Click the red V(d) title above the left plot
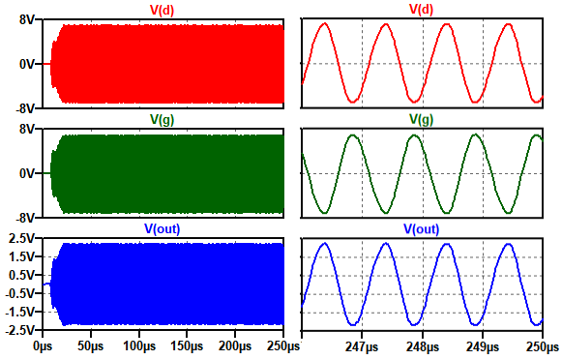click(162, 10)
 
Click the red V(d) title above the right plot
click(421, 10)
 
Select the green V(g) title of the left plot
click(162, 119)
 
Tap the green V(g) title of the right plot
click(421, 119)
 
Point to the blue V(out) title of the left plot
click(162, 229)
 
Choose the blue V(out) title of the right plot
click(422, 229)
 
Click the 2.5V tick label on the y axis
click(21, 238)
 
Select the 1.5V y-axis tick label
click(21, 256)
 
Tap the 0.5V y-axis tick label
click(21, 276)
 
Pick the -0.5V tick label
click(20, 293)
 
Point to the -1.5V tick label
click(20, 312)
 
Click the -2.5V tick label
click(20, 330)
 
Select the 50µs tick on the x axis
click(91, 346)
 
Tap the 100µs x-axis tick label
click(139, 346)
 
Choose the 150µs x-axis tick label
click(187, 346)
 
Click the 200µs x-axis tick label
click(235, 346)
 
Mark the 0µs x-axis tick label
click(43, 346)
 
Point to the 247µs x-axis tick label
click(362, 347)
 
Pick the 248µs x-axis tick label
click(422, 347)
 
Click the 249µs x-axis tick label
click(482, 347)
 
